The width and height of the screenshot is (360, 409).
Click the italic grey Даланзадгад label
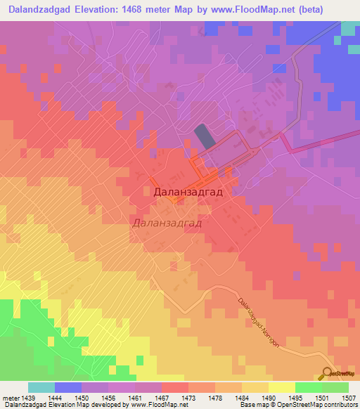click(x=167, y=223)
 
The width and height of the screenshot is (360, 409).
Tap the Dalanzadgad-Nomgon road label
click(x=263, y=323)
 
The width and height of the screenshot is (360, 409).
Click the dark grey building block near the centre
click(x=202, y=135)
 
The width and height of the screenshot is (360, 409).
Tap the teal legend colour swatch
click(x=41, y=387)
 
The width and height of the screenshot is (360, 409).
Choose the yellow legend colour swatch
click(x=281, y=387)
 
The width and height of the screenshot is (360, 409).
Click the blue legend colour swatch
click(x=67, y=387)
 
